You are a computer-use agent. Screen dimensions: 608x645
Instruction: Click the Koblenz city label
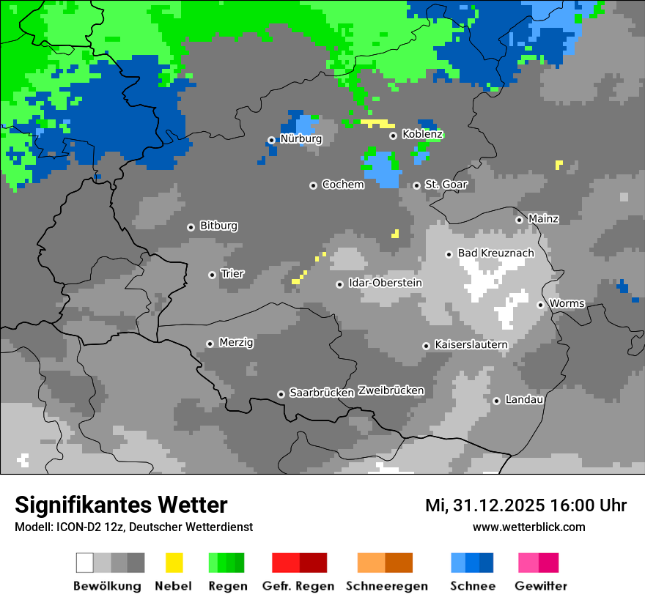coord(422,134)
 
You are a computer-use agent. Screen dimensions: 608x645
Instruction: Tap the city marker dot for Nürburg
coord(271,140)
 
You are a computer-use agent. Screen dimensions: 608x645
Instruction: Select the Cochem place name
coord(342,185)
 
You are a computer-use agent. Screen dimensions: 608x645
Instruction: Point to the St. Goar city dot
coord(416,185)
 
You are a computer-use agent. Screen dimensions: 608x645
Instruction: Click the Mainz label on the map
coord(543,219)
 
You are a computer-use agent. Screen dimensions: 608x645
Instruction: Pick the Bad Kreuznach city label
coord(495,253)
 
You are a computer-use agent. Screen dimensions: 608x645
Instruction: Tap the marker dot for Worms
coord(540,305)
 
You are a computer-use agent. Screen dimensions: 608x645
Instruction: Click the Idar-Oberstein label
coord(385,283)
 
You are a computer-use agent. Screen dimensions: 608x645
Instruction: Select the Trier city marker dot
coord(212,275)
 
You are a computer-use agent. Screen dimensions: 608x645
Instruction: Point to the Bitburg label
coord(218,226)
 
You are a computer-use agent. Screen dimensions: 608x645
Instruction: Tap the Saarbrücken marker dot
coord(281,394)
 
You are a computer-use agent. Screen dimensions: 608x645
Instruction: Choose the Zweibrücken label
coord(391,390)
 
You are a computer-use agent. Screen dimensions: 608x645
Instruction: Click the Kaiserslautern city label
coord(471,344)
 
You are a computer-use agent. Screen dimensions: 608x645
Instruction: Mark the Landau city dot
coord(496,401)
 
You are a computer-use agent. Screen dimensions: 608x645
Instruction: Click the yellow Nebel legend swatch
coord(174,563)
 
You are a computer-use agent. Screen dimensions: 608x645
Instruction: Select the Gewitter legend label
coord(540,586)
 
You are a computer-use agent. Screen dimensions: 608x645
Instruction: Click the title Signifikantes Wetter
coord(121,505)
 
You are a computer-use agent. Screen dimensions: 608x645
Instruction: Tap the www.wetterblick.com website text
coord(528,527)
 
